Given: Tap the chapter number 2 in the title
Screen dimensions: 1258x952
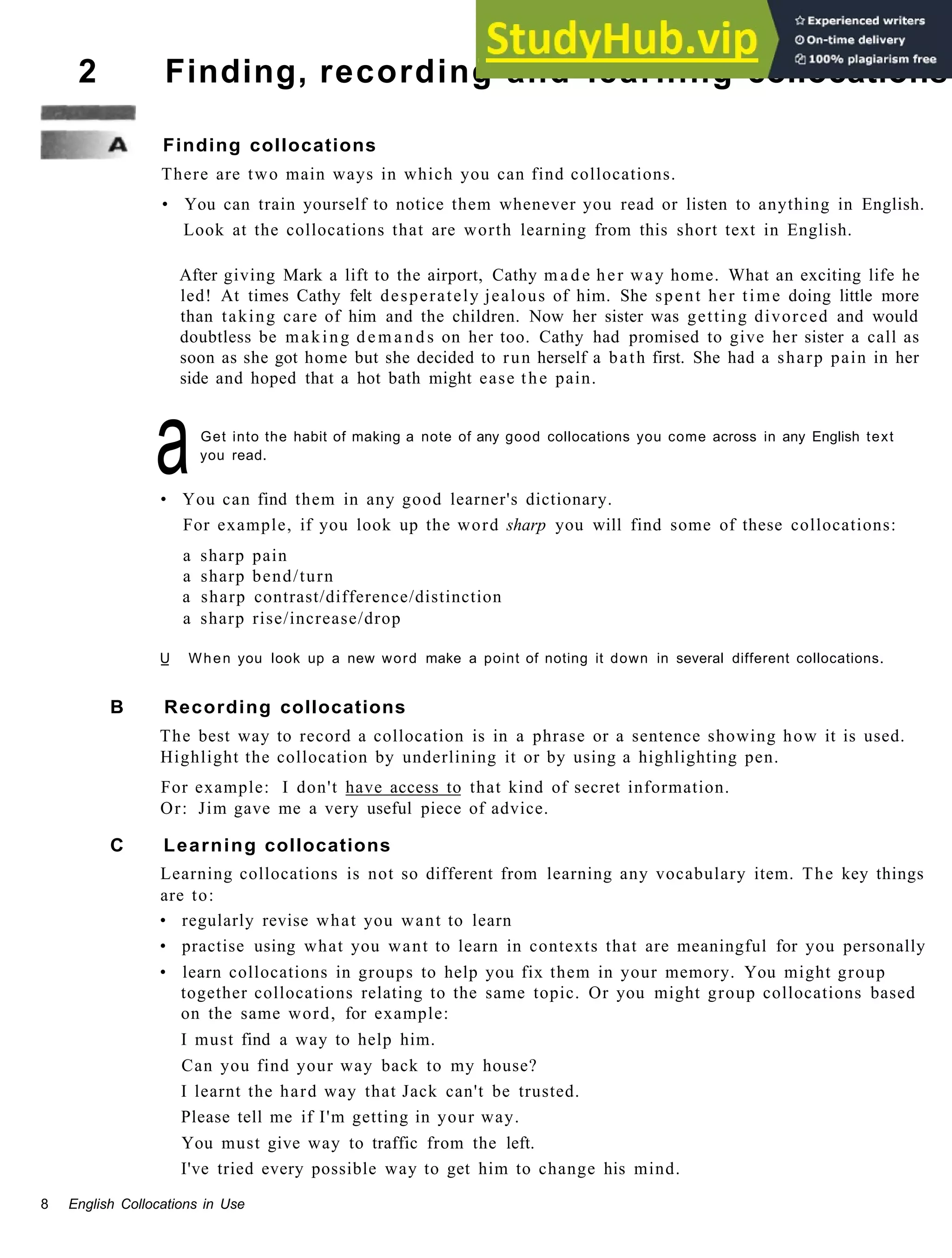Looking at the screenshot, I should [x=87, y=72].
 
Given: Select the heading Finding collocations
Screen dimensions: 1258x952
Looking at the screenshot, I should [x=269, y=145].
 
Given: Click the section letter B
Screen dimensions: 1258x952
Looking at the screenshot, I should [x=117, y=707].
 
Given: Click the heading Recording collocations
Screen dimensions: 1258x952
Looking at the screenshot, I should [x=284, y=707].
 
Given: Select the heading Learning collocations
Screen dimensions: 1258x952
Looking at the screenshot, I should [x=277, y=845].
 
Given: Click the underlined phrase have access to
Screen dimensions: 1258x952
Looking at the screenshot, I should [x=403, y=788].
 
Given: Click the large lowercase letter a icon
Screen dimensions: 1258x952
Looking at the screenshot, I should [x=172, y=448].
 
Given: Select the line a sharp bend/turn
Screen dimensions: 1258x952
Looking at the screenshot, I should [x=258, y=577].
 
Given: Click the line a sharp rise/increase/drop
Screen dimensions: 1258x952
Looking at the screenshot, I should [x=291, y=619].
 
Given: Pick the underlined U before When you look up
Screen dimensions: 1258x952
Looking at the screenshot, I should [x=165, y=659].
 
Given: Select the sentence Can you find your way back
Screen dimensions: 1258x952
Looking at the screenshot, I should [x=359, y=1065].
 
